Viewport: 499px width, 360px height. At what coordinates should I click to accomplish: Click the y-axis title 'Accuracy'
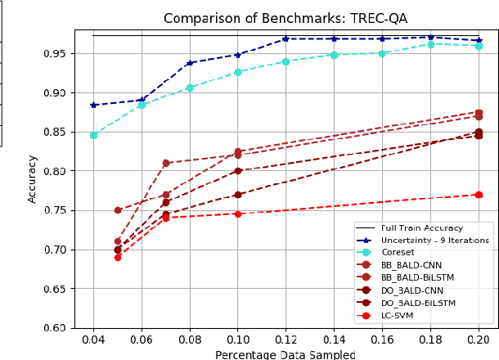tap(33, 178)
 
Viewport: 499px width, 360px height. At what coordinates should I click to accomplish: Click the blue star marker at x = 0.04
tap(93, 105)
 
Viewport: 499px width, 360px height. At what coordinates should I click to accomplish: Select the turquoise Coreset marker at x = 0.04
tap(93, 135)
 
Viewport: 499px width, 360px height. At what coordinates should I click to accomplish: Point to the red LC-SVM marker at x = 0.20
tap(479, 195)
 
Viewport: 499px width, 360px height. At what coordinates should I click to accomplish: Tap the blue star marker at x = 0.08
tap(190, 63)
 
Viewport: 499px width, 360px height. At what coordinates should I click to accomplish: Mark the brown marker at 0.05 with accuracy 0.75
tap(118, 210)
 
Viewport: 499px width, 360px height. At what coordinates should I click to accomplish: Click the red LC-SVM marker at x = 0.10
tap(238, 214)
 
